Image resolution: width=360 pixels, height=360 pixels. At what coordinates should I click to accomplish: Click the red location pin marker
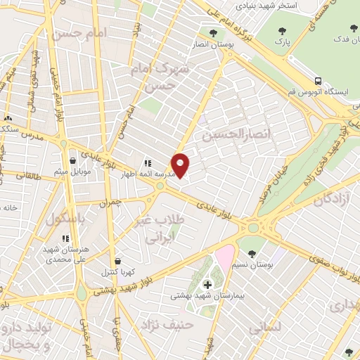181,165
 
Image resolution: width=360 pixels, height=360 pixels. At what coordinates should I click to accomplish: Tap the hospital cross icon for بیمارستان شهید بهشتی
207,284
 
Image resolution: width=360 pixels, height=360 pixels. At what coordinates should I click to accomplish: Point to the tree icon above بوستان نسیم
252,253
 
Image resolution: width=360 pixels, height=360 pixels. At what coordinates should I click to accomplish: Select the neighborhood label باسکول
65,219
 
